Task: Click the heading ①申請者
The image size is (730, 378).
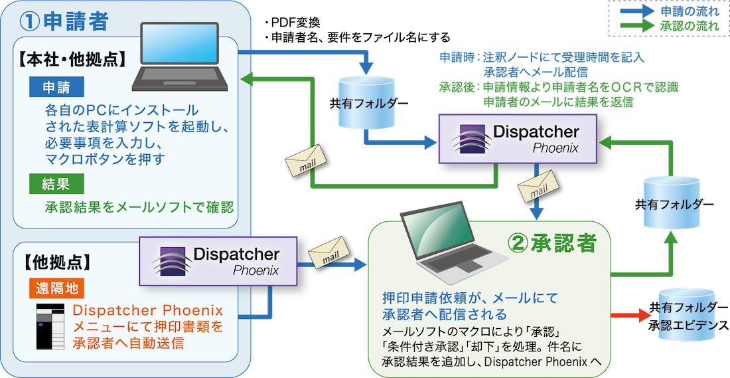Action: (64, 22)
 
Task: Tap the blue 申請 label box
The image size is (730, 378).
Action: (56, 87)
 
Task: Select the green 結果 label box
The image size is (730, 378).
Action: (56, 183)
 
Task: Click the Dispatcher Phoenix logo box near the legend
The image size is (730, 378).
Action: (518, 138)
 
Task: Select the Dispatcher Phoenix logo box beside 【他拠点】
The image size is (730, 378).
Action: (219, 260)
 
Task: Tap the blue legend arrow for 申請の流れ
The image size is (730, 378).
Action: (637, 12)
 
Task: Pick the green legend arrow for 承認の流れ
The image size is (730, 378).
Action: (637, 27)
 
